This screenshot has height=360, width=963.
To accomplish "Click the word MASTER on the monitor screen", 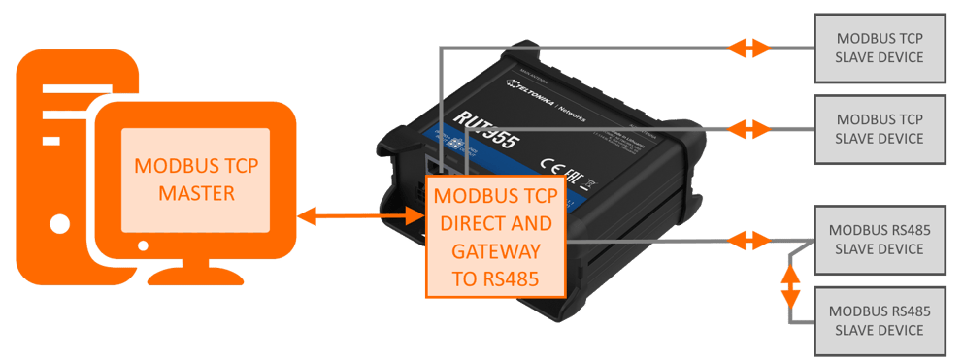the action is pos(196,193).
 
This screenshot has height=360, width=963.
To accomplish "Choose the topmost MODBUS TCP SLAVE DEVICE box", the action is pos(880,47).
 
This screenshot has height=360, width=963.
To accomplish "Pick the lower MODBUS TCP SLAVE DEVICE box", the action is pos(880,128).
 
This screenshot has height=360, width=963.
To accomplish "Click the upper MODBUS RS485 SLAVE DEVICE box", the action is pos(880,240).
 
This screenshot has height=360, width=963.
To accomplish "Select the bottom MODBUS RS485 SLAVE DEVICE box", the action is pos(880,320).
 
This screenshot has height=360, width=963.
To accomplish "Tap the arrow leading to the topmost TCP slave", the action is pos(750,47).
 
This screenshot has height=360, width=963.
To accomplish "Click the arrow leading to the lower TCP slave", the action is pos(750,128).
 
